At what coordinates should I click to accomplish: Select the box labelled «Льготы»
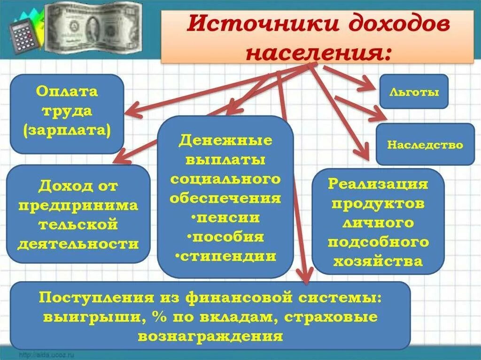[414, 92]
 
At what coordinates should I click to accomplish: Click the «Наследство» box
[425, 145]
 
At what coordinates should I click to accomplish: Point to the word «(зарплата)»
[67, 130]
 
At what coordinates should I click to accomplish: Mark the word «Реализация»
[378, 184]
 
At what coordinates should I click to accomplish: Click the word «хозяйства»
[378, 261]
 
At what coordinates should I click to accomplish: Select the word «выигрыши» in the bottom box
[94, 317]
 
